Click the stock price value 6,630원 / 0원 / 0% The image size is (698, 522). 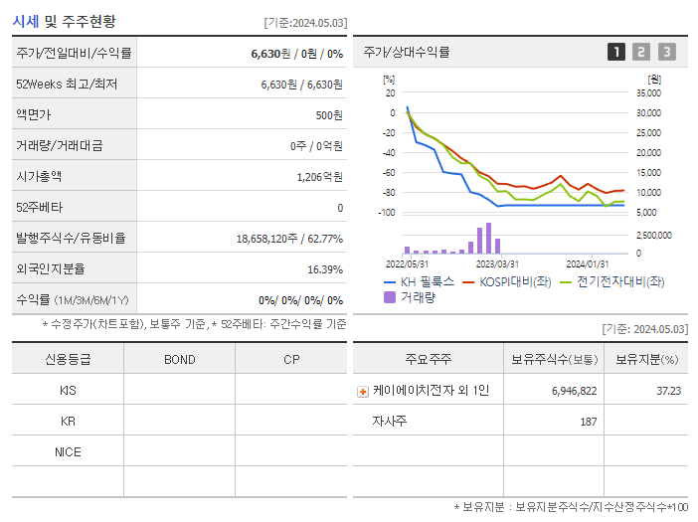(x=296, y=54)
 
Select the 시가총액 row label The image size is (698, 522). (x=39, y=177)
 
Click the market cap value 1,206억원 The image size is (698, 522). (x=319, y=177)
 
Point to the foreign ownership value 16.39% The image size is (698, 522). (x=325, y=269)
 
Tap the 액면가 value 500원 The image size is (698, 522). (x=328, y=115)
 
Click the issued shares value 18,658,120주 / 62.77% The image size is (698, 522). (x=289, y=239)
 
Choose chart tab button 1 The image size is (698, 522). (x=616, y=53)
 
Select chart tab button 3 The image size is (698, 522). (x=666, y=53)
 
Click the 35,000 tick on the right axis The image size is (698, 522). (x=647, y=93)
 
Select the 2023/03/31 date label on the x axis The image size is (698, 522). (x=497, y=264)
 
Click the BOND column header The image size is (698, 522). (x=179, y=360)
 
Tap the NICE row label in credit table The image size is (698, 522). (x=68, y=452)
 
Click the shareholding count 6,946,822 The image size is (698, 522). (x=574, y=392)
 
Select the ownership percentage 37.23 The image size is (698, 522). (x=668, y=392)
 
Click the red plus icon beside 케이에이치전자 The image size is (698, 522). (x=363, y=392)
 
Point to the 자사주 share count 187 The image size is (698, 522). (x=588, y=423)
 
